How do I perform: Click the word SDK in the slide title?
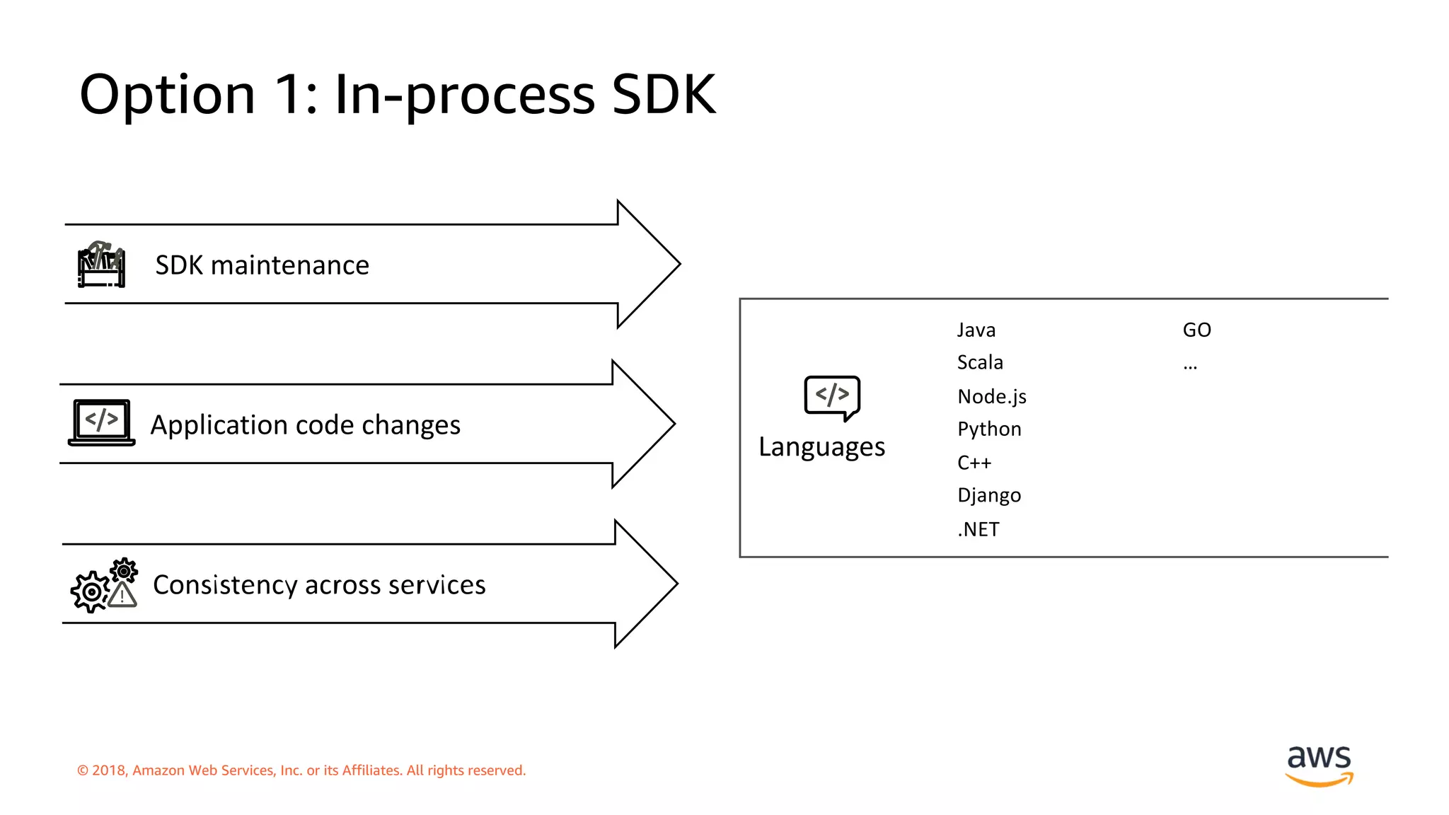click(663, 94)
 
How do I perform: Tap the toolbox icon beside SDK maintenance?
click(101, 265)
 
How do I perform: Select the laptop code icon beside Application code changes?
click(102, 422)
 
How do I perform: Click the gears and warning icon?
click(104, 585)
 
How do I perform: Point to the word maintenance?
click(289, 265)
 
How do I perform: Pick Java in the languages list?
click(976, 330)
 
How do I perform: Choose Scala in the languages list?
click(980, 363)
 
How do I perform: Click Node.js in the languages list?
click(991, 396)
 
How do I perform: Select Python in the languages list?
click(988, 429)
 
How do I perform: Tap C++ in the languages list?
click(974, 463)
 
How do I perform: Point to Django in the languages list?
click(988, 495)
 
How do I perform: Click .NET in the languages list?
click(978, 529)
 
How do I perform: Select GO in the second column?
click(1196, 330)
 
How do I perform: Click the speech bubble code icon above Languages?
click(832, 397)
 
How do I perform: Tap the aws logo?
click(1319, 765)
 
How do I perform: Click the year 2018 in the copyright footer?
click(108, 770)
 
